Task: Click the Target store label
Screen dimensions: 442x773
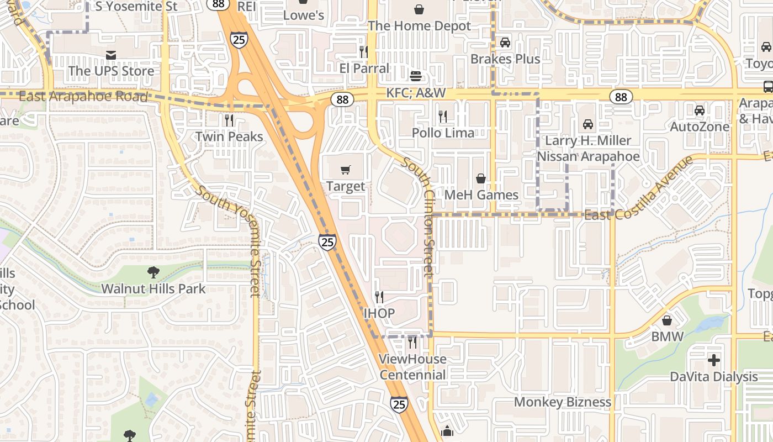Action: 346,186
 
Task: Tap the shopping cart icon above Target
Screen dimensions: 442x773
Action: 346,170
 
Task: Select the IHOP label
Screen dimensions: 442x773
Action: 379,313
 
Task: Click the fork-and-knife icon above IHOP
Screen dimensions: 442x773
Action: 379,297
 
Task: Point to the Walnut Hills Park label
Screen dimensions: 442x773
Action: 153,288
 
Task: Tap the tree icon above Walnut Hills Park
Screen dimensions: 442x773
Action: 153,272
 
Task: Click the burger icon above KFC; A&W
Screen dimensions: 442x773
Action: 416,76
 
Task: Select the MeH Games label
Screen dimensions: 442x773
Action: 481,195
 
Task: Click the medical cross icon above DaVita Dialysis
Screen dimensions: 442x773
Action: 714,360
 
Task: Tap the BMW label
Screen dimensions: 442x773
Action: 667,336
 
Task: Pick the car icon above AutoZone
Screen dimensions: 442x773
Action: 700,110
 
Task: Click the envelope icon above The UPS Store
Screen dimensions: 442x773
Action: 111,55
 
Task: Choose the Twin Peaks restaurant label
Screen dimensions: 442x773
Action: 229,136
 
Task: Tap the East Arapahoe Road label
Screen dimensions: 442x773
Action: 83,97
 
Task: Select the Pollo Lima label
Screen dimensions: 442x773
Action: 443,133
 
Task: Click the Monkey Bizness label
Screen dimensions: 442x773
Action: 563,402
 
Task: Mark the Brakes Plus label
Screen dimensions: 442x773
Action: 505,59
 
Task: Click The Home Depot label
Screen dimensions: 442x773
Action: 419,25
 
